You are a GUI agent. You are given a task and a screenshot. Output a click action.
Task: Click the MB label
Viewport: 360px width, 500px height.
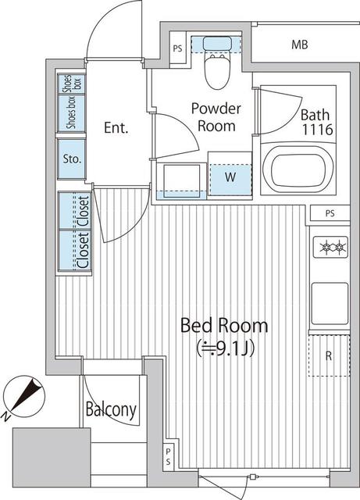[x=300, y=45]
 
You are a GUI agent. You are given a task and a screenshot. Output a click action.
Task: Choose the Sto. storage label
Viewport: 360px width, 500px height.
[x=73, y=159]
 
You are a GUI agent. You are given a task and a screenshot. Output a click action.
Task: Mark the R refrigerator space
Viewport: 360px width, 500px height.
[x=329, y=355]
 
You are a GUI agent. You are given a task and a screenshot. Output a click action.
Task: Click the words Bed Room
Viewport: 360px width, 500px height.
[x=224, y=326]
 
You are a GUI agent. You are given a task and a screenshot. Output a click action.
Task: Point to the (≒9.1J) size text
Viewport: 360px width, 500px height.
[x=224, y=349]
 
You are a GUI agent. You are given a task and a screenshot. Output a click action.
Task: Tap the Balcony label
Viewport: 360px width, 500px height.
[x=112, y=409]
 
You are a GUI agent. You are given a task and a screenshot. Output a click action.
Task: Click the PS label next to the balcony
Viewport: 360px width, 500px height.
[x=168, y=458]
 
